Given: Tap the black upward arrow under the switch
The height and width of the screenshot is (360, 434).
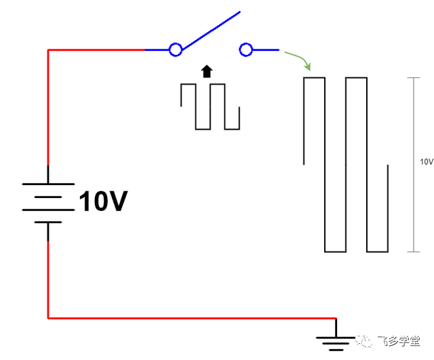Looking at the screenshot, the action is tap(207, 71).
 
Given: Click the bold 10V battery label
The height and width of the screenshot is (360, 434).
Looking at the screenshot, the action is tap(103, 201).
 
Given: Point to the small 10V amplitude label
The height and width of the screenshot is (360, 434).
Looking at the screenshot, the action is tap(427, 162).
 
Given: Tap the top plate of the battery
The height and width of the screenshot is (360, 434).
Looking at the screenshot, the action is tap(48, 184).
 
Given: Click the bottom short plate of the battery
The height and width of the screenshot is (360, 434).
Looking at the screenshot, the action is tap(48, 222).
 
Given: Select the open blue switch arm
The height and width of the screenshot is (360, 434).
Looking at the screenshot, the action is tap(211, 31).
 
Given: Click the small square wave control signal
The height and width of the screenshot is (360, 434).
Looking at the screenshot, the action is tap(210, 106).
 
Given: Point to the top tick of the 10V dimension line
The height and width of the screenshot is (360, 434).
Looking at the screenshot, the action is tap(414, 78).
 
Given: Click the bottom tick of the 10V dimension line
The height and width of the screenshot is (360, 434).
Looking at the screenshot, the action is tap(414, 252).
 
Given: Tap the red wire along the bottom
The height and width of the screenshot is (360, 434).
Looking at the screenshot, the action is tap(192, 318).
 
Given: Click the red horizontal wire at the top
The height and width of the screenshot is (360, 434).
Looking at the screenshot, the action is tap(96, 49).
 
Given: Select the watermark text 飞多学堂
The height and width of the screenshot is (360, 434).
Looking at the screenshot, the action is tap(399, 341).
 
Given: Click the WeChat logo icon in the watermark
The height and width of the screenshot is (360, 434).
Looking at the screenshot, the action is tap(364, 340).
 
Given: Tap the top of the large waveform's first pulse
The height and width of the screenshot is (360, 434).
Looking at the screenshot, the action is tap(314, 78).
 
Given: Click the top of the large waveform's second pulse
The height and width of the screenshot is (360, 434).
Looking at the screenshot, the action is tap(357, 78).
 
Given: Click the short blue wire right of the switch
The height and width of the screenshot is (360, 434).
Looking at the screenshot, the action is tap(266, 49).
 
